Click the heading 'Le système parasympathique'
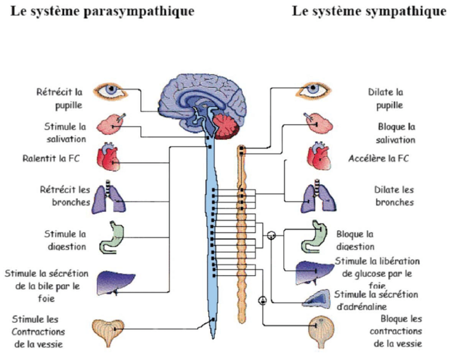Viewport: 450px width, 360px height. [103, 12]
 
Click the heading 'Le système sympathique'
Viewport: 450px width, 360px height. [369, 12]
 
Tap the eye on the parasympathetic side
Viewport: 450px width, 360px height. [110, 91]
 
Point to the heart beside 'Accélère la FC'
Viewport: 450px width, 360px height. [319, 156]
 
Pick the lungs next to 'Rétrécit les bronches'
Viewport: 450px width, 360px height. [108, 197]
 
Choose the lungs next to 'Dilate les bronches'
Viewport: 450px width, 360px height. [318, 196]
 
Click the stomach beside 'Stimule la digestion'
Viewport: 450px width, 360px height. [112, 238]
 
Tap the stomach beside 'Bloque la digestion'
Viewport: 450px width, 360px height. [314, 237]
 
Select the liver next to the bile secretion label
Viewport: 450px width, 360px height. [115, 283]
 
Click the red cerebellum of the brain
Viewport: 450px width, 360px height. [227, 126]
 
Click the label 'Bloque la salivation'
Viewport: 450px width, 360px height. [396, 133]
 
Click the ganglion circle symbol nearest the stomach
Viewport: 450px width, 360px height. [272, 235]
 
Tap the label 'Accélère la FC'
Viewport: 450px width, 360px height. [379, 158]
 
